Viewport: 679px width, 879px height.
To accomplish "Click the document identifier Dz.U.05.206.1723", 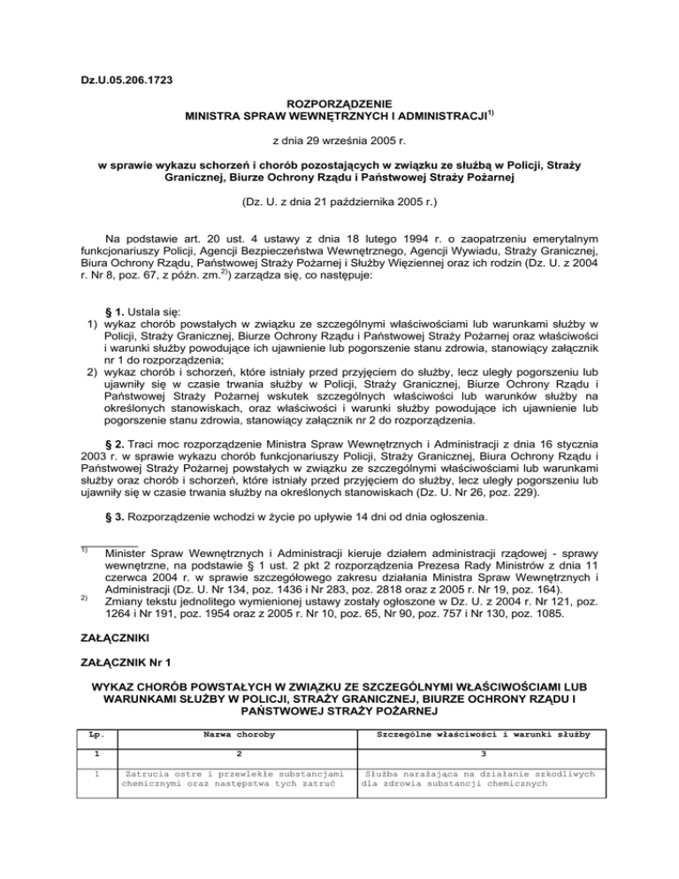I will pyautogui.click(x=123, y=81).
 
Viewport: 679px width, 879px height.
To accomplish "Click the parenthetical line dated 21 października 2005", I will pyautogui.click(x=339, y=202).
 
